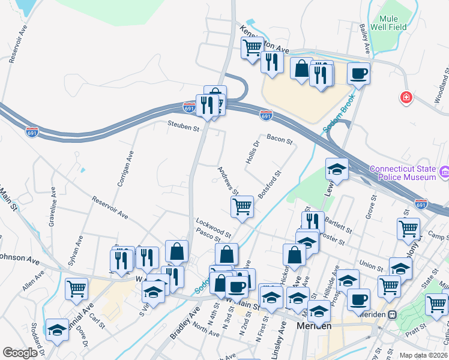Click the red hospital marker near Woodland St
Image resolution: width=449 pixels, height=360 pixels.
[x=406, y=97]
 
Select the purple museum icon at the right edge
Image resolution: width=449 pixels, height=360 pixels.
[x=444, y=173]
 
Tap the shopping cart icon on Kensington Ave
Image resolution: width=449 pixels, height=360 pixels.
[x=253, y=46]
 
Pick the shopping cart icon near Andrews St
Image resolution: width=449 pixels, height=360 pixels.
[x=242, y=206]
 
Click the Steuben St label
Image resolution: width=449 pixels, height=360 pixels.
[x=182, y=127]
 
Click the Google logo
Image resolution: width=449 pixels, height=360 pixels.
[x=20, y=353]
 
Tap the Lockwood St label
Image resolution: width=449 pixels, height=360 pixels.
[x=213, y=227]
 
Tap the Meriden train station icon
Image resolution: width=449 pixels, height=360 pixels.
[x=393, y=314]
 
